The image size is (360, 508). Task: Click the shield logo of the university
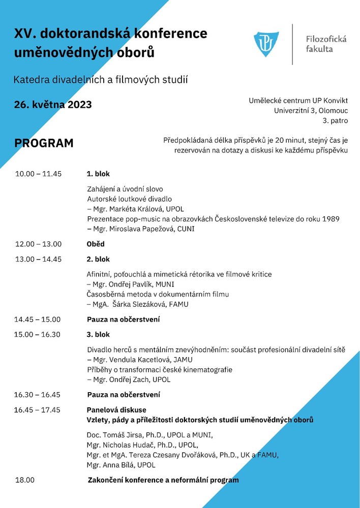pyautogui.click(x=266, y=44)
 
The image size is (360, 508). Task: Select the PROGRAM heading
pyautogui.click(x=44, y=143)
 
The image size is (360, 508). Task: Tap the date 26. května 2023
pyautogui.click(x=53, y=105)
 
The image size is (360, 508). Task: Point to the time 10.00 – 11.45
pyautogui.click(x=38, y=174)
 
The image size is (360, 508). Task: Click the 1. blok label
pyautogui.click(x=98, y=174)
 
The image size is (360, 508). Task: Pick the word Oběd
pyautogui.click(x=96, y=244)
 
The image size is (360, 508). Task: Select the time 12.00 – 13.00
pyautogui.click(x=38, y=244)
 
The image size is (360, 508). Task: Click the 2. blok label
pyautogui.click(x=98, y=259)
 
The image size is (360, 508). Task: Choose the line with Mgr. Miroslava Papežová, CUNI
pyautogui.click(x=140, y=229)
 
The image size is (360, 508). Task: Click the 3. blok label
pyautogui.click(x=98, y=334)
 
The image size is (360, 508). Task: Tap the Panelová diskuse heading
pyautogui.click(x=116, y=409)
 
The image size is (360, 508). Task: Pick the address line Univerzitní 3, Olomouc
pyautogui.click(x=311, y=110)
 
